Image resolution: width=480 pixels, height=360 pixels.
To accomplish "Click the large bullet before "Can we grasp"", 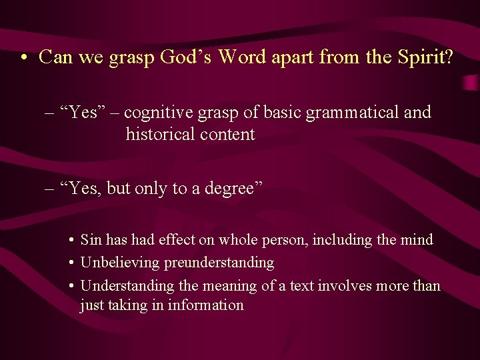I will tap(24, 57).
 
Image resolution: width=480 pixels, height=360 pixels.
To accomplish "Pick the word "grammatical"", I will tap(353, 113).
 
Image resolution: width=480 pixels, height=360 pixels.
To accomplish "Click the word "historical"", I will tap(157, 134).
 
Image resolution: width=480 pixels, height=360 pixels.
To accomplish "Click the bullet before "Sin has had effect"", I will tap(70, 240).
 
